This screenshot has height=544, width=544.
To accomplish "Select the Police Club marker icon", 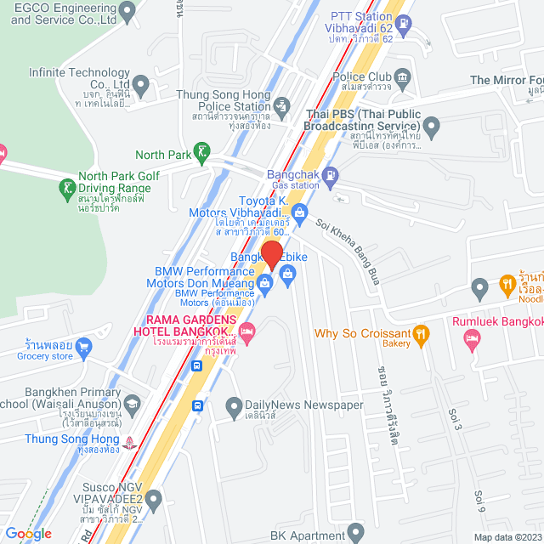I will pyautogui.click(x=402, y=78).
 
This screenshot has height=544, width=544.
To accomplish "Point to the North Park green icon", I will pyautogui.click(x=201, y=154).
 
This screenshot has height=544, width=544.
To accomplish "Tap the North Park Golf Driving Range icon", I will pyautogui.click(x=66, y=186).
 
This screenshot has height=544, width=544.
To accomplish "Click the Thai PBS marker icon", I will pyautogui.click(x=432, y=129).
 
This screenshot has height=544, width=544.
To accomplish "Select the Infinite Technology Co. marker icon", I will pyautogui.click(x=141, y=84).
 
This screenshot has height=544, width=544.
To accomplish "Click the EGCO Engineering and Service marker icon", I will pyautogui.click(x=127, y=12).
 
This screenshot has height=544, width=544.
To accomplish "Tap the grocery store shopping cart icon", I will pyautogui.click(x=82, y=347).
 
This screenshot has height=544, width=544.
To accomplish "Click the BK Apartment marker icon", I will pyautogui.click(x=357, y=533).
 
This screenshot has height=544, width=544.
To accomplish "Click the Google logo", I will pyautogui.click(x=29, y=533).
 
